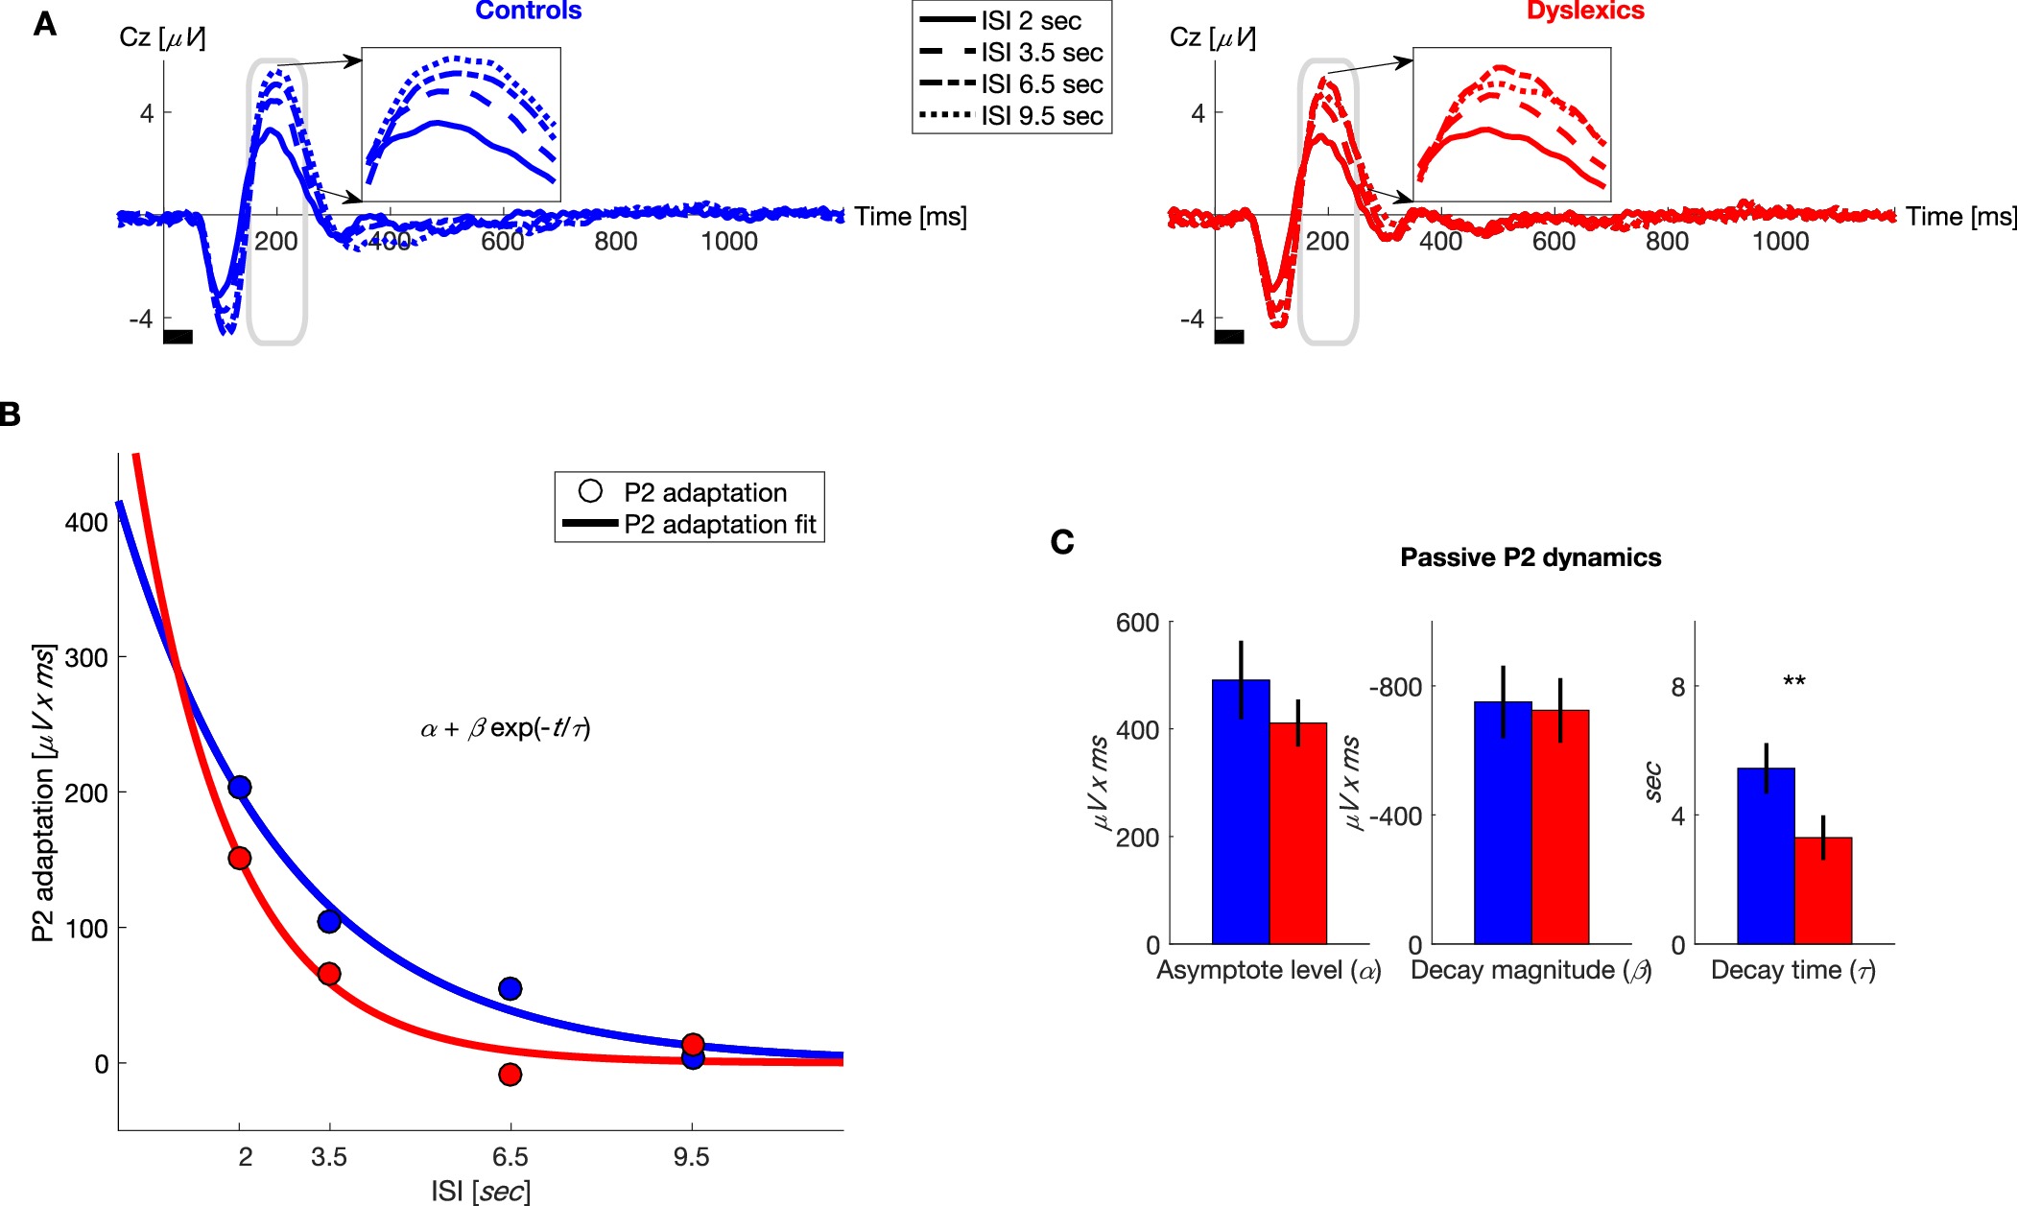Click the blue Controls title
(x=528, y=11)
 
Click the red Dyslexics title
(x=1585, y=11)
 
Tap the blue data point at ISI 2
(x=240, y=788)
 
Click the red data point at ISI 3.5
(x=329, y=974)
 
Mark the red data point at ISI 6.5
(x=510, y=1075)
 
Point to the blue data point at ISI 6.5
(x=510, y=988)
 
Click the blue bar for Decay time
(x=1766, y=856)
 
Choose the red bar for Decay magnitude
(x=1560, y=827)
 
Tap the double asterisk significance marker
(x=1793, y=682)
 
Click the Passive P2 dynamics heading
(x=1531, y=557)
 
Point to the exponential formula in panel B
(x=506, y=728)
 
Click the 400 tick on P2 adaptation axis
(x=86, y=523)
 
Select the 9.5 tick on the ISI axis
(x=691, y=1157)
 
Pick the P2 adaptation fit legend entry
(x=720, y=525)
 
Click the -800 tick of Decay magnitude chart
(x=1395, y=687)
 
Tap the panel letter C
(x=1062, y=542)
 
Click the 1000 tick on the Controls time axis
(x=729, y=242)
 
